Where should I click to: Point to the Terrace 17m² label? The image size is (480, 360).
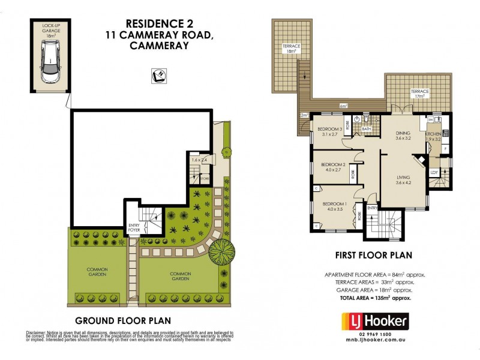click(x=419, y=93)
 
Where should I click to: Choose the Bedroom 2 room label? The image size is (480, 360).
click(x=333, y=164)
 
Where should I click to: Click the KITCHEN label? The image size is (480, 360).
click(x=433, y=134)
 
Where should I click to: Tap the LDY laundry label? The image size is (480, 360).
click(x=434, y=173)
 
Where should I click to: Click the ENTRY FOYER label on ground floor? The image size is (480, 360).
click(x=134, y=228)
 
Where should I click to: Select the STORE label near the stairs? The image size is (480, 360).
click(x=205, y=178)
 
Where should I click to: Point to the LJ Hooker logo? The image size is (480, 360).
click(x=374, y=322)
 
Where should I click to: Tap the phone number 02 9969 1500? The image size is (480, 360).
click(x=375, y=334)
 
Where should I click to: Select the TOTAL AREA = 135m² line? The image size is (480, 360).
click(x=375, y=298)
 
